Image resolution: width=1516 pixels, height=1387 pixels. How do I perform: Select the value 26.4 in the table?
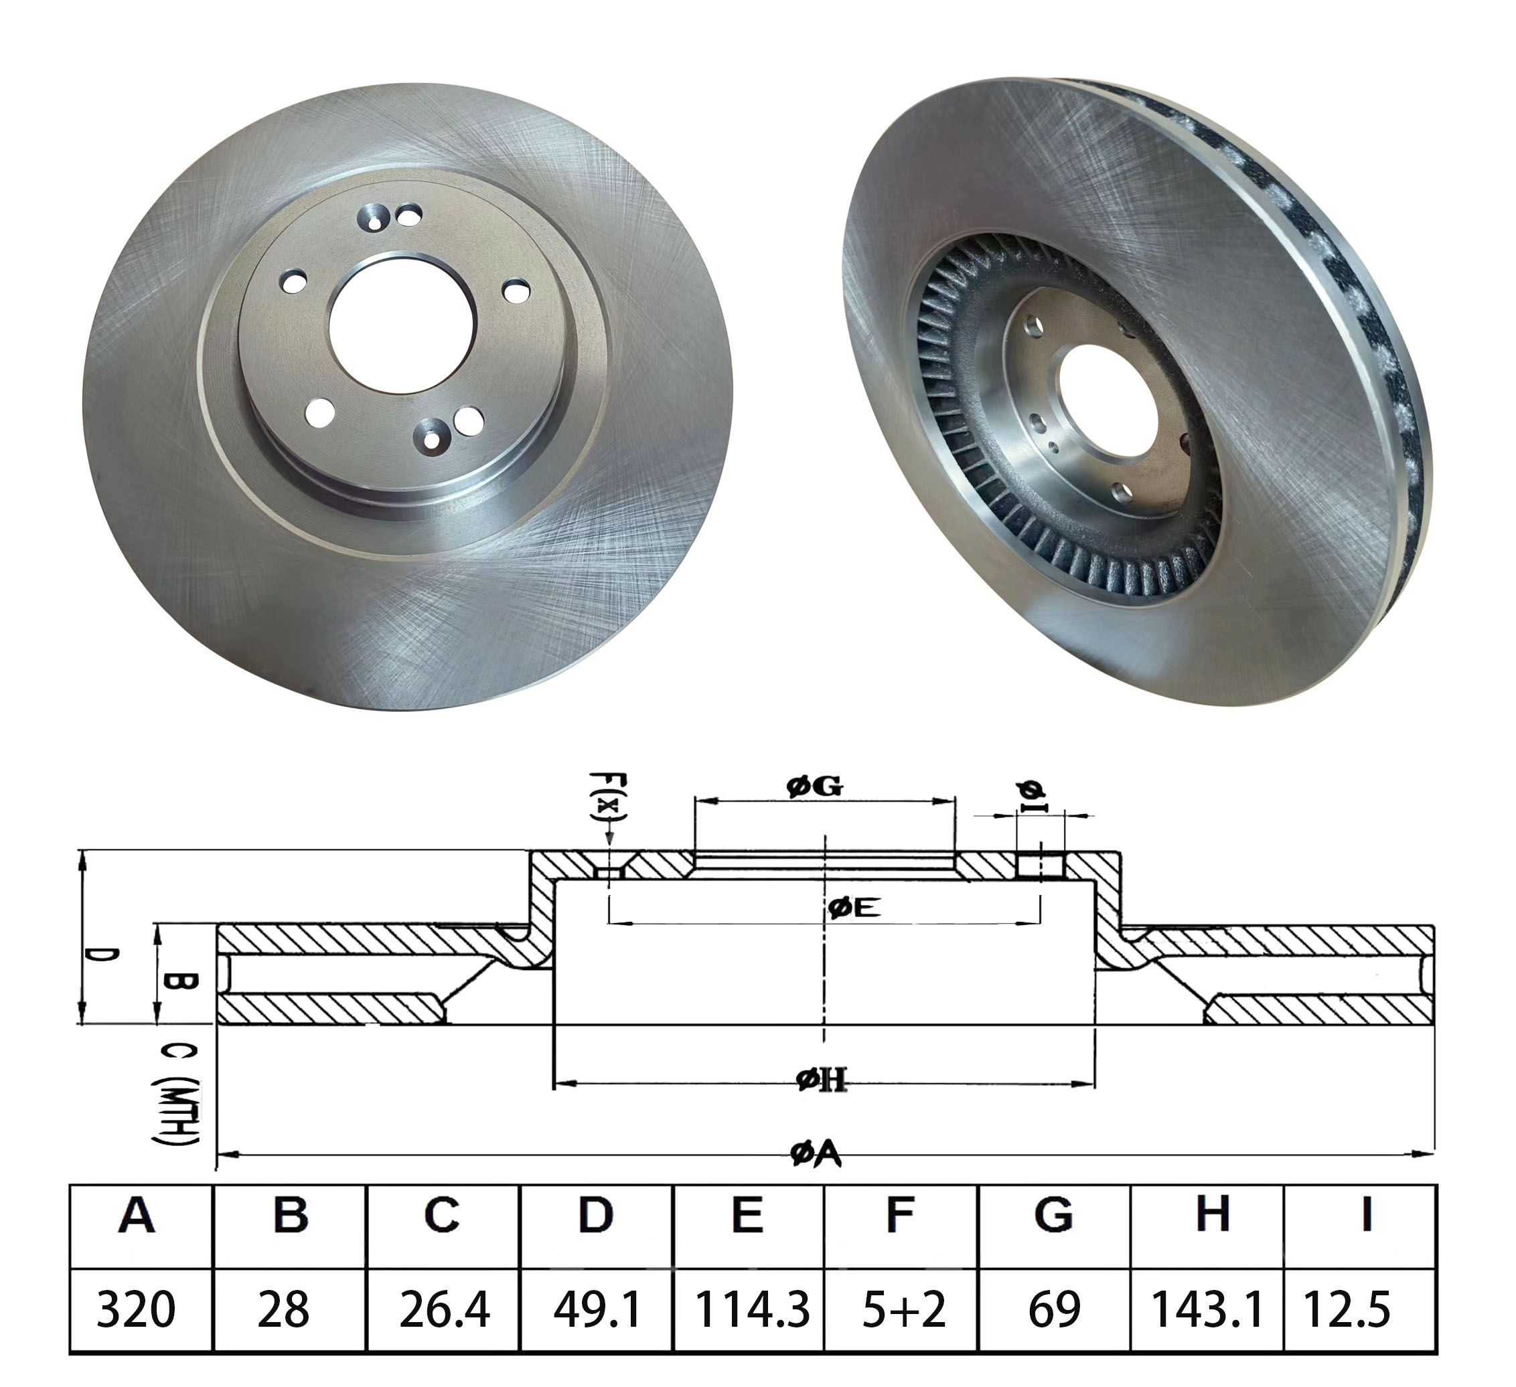(x=444, y=1309)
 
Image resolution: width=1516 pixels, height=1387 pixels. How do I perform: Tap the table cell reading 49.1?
(x=597, y=1309)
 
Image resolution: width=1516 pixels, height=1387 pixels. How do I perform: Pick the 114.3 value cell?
(x=751, y=1309)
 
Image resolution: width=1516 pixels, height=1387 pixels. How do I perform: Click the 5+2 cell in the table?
(x=903, y=1309)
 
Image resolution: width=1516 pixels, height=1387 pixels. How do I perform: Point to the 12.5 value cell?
(x=1359, y=1309)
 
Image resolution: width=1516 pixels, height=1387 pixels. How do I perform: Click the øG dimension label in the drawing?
(x=814, y=787)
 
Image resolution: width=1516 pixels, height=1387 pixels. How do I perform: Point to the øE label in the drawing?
(x=854, y=909)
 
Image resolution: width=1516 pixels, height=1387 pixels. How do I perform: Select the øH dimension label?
(x=822, y=1081)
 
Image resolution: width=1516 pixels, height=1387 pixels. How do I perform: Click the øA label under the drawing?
(x=816, y=1154)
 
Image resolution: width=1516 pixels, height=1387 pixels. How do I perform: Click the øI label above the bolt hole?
(x=1035, y=797)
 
